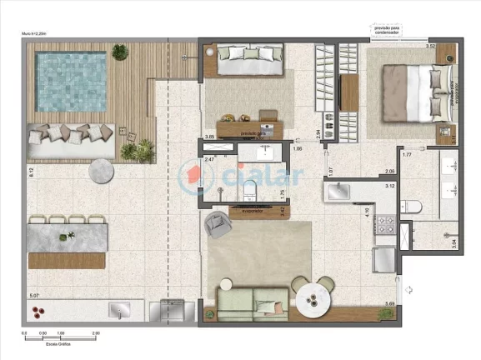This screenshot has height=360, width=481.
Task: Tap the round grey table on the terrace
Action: (x=102, y=170)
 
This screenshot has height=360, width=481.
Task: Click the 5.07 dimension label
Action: (x=33, y=296)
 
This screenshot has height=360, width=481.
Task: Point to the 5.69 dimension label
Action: (x=390, y=303)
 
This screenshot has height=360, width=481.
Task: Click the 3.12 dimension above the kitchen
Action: (x=389, y=186)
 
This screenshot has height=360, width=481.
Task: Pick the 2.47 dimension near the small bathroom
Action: (x=210, y=158)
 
